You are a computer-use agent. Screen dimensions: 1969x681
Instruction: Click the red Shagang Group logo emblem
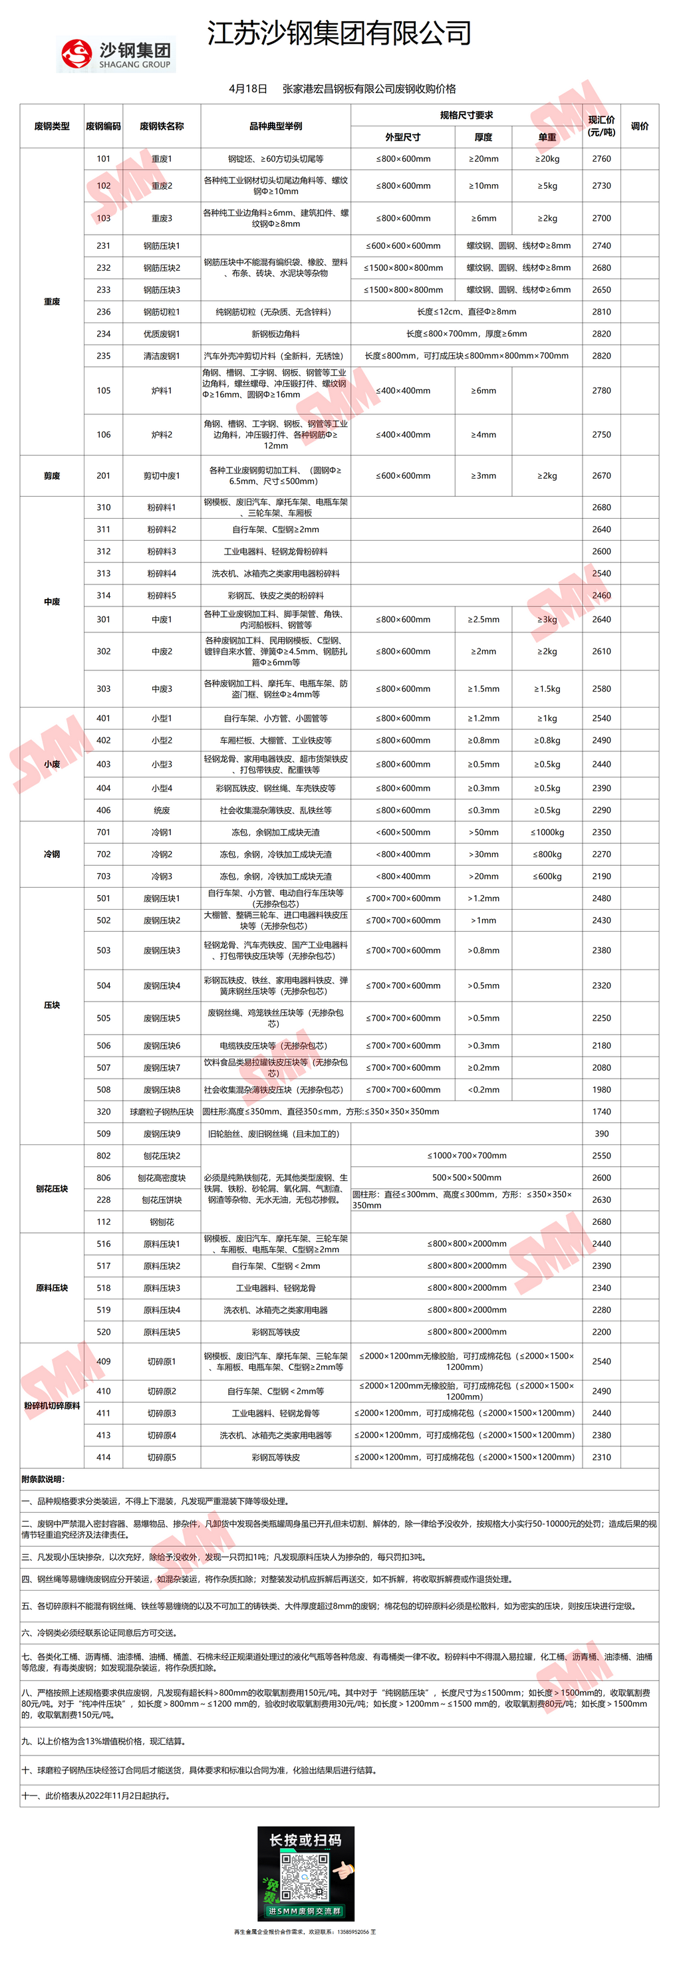point(76,55)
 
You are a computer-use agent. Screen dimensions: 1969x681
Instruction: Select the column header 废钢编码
point(103,126)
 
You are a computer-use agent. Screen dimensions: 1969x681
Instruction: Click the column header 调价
point(640,126)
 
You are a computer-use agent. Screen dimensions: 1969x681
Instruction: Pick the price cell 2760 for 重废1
point(601,159)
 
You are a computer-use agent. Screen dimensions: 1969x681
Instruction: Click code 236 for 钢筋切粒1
point(103,312)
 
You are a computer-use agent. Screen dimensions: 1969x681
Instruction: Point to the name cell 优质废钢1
point(161,334)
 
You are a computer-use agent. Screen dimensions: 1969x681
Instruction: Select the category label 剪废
point(52,475)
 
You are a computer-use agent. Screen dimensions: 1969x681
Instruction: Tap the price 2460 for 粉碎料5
point(601,595)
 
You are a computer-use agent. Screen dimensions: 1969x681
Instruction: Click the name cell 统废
point(161,810)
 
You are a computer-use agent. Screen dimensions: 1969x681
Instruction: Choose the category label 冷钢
point(52,854)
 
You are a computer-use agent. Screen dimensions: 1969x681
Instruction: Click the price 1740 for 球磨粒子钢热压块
point(601,1112)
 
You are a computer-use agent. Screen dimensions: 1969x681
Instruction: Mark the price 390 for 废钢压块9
point(601,1134)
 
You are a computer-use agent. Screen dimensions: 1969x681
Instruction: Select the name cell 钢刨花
point(161,1222)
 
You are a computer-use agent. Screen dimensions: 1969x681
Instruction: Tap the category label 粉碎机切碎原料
point(52,1406)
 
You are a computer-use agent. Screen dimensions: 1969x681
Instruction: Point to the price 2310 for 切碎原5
point(601,1458)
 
